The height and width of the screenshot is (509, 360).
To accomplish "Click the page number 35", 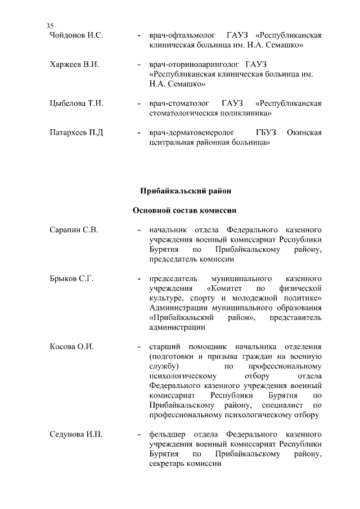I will [x=49, y=26].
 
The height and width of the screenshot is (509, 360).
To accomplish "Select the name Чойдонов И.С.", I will [x=76, y=35].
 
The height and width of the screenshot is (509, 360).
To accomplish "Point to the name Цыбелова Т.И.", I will [x=76, y=103].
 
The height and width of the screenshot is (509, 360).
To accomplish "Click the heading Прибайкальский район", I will [x=185, y=191].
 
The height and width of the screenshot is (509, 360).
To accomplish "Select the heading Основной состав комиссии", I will [x=184, y=211].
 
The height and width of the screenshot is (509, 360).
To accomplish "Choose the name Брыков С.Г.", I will [x=71, y=279].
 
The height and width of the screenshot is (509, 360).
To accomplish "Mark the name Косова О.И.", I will [x=71, y=347].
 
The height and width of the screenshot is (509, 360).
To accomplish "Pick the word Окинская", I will [x=304, y=133].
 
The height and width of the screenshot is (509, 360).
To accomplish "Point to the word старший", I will [x=165, y=347].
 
